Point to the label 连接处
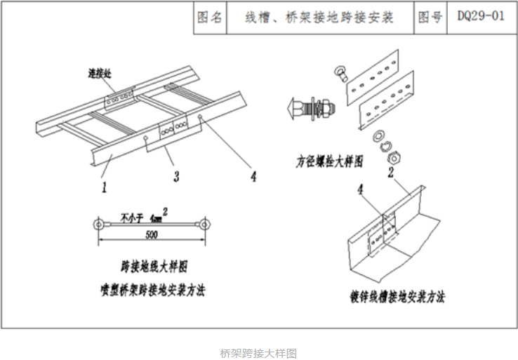(x=100, y=72)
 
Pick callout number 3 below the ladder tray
(x=176, y=175)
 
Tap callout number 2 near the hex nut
(x=390, y=170)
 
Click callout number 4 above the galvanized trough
(x=361, y=189)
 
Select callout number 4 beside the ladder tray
(x=253, y=175)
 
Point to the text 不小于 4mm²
(x=145, y=215)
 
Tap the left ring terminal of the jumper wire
(x=100, y=225)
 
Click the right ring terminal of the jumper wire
(x=204, y=225)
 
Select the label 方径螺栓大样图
(x=329, y=161)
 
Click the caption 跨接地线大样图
(x=154, y=267)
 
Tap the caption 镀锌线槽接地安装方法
(x=398, y=297)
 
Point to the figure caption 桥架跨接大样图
(x=258, y=352)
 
